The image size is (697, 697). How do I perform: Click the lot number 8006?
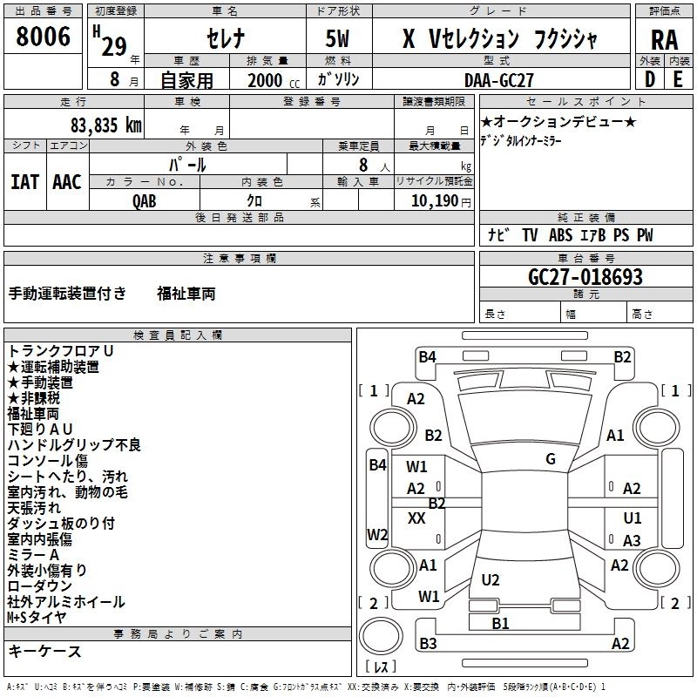coord(43,37)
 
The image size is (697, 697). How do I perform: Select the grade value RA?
coord(663,40)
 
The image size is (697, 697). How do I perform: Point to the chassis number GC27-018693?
coord(585,277)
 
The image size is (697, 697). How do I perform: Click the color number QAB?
coord(145,200)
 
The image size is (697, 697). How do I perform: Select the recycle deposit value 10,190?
coord(429,200)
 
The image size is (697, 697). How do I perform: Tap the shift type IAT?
coord(24,181)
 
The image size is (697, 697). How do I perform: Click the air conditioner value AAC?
coord(66,181)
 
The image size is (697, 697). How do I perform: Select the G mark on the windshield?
coord(550,459)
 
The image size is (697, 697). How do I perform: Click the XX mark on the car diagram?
coord(416,518)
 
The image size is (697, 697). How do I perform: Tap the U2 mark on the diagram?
coord(491,579)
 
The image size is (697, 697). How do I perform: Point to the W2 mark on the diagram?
coord(377,534)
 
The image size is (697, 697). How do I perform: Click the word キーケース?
coord(44,651)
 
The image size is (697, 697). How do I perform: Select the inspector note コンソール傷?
coord(47,461)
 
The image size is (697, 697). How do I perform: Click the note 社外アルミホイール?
coord(66,602)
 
